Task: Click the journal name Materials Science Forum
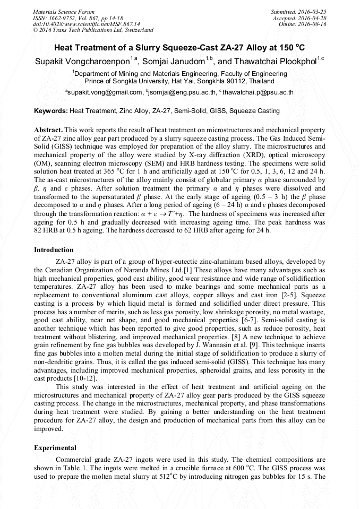[x=64, y=12]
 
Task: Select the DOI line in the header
[x=87, y=24]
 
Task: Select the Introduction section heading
[x=54, y=249]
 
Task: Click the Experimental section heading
[x=55, y=447]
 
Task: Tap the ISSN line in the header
[x=74, y=18]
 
